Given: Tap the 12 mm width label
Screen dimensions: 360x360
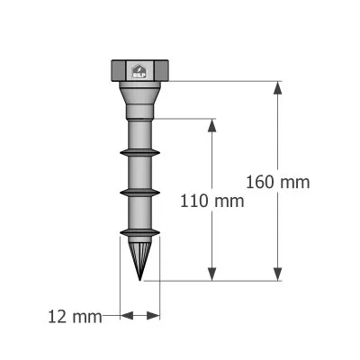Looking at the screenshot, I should click(x=76, y=316).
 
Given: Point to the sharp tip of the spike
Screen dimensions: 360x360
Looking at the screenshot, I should click(x=140, y=278).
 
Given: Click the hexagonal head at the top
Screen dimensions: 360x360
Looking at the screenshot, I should click(x=139, y=70).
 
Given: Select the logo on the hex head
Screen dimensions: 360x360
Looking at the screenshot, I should click(x=140, y=72).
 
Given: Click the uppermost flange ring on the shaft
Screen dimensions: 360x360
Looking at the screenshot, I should click(x=139, y=153).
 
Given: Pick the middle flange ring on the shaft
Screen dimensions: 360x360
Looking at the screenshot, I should click(x=139, y=192).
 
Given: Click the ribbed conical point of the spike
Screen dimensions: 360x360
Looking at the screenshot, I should click(x=140, y=255).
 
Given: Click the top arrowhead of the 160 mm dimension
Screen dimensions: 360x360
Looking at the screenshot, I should click(x=276, y=87).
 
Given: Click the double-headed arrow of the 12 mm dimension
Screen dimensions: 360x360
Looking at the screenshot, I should click(x=140, y=316).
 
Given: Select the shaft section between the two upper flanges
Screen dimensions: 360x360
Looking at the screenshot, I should click(x=139, y=173).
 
